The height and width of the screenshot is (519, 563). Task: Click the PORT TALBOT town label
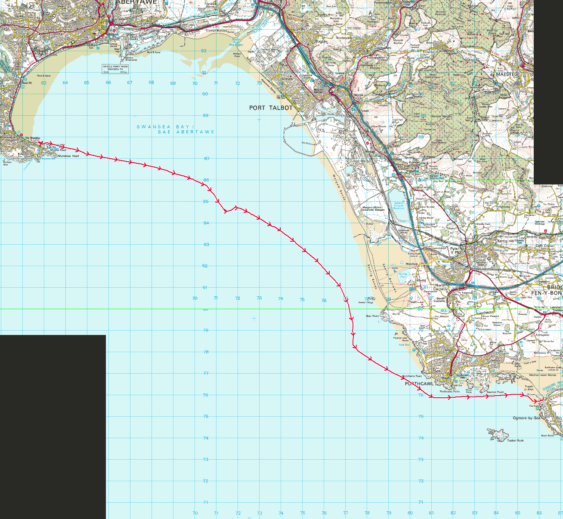(x=271, y=108)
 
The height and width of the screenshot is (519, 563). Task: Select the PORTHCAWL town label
(x=419, y=384)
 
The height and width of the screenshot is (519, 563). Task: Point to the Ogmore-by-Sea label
(x=526, y=418)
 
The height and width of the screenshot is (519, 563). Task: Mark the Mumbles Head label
(x=68, y=156)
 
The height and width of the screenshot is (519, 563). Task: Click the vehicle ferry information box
(x=115, y=69)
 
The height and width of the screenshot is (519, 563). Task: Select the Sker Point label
(x=372, y=316)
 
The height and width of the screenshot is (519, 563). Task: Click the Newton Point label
(x=495, y=392)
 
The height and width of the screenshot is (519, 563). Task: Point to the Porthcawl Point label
(x=450, y=392)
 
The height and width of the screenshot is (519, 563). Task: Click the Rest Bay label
(x=404, y=345)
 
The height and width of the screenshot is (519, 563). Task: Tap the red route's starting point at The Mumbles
(x=40, y=143)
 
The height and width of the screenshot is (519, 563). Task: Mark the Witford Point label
(x=237, y=55)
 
